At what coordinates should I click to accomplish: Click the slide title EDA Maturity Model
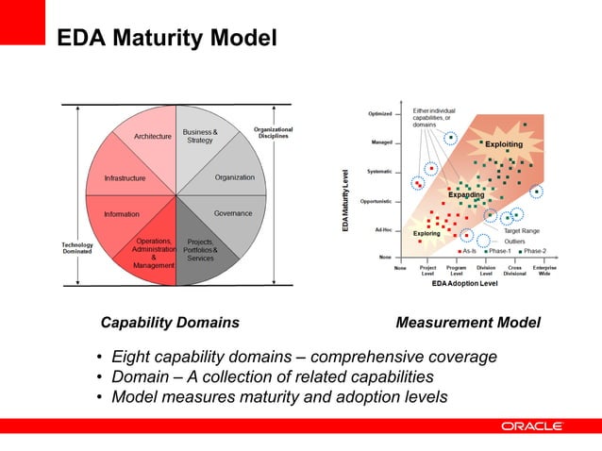[167, 39]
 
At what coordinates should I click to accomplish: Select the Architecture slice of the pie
[152, 137]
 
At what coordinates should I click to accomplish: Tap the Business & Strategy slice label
[200, 136]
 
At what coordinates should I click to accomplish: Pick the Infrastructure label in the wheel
[125, 177]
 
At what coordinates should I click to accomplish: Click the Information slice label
[122, 214]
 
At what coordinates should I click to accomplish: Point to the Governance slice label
[232, 213]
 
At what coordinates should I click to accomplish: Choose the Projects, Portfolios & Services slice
[200, 250]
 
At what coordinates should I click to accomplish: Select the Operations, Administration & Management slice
[153, 253]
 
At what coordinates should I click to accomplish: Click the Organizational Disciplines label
[274, 132]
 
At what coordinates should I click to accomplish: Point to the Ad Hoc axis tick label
[383, 229]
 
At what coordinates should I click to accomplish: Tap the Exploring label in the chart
[426, 232]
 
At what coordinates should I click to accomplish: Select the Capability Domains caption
[170, 323]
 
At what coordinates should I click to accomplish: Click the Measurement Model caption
[468, 323]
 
